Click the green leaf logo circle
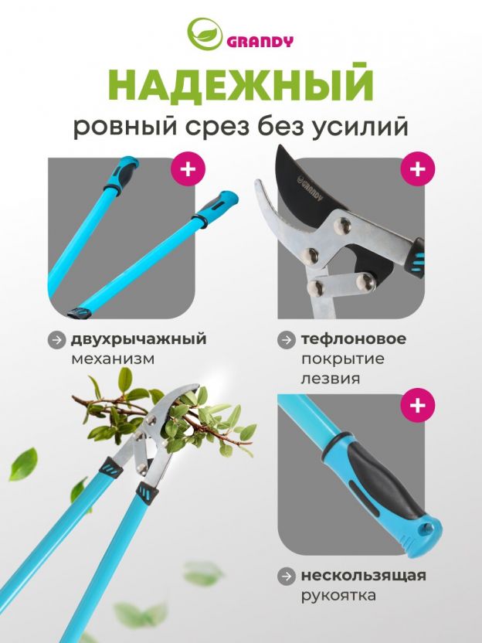(x=205, y=34)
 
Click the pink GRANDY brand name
(x=260, y=42)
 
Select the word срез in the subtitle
(x=217, y=128)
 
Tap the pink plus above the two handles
(x=188, y=168)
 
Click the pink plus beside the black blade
(x=418, y=168)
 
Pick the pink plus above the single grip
(x=418, y=405)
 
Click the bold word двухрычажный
(x=138, y=340)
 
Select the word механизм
(x=113, y=359)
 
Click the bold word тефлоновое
(x=354, y=339)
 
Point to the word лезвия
(x=331, y=379)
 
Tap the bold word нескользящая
(x=364, y=576)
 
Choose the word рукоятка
(x=338, y=595)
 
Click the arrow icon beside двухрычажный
(x=56, y=340)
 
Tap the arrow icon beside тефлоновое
(x=286, y=340)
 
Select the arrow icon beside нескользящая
(x=286, y=577)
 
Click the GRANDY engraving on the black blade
(x=311, y=189)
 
